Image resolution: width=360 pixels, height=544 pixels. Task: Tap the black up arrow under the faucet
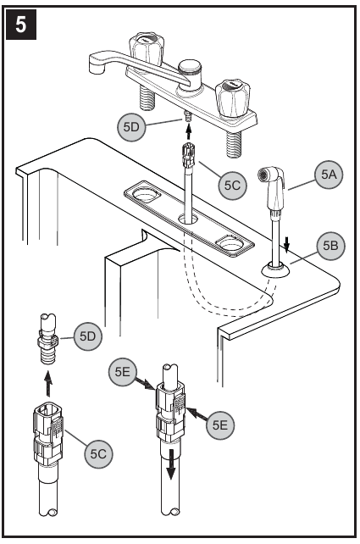[x=189, y=130]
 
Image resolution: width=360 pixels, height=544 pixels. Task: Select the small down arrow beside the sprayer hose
[x=288, y=245]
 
